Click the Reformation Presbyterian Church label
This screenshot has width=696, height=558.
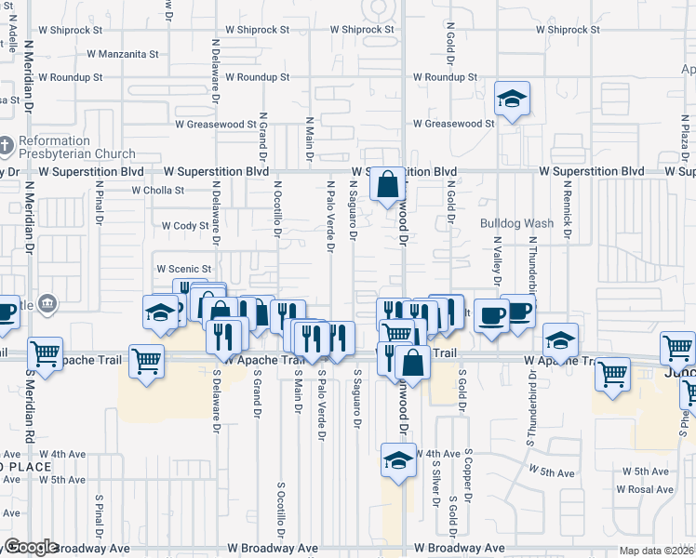tap(76, 147)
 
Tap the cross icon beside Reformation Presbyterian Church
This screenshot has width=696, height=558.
tap(7, 147)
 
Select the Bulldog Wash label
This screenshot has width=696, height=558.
tap(516, 223)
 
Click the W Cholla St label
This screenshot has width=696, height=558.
tap(158, 190)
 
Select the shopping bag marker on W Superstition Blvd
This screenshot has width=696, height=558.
tap(387, 183)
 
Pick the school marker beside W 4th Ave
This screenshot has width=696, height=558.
tap(398, 459)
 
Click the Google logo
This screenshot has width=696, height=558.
tap(32, 547)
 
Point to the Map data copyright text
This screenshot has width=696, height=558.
tap(656, 551)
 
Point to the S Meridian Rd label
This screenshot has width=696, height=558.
tap(30, 408)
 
